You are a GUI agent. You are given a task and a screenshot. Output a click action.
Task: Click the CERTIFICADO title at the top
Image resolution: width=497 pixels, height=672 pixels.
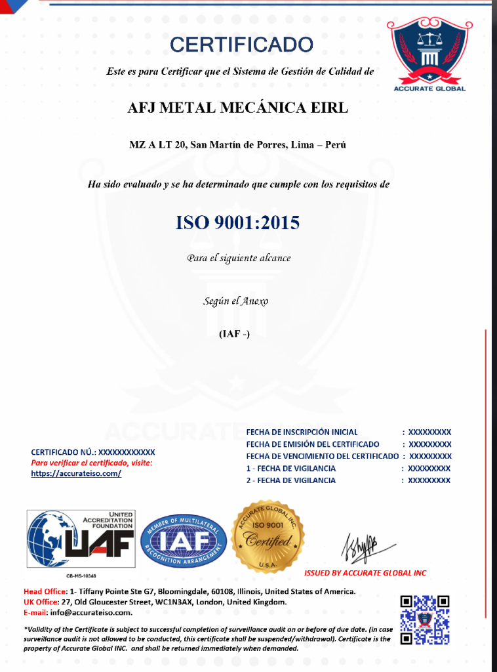[x=241, y=45]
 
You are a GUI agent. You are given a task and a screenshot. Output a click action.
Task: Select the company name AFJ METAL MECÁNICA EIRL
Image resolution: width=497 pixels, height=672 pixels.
[x=238, y=108]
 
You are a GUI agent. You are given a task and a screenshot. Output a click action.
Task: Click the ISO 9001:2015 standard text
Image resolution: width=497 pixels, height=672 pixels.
[x=237, y=223]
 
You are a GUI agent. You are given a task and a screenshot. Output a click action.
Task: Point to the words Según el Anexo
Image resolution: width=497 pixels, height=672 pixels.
[x=236, y=301]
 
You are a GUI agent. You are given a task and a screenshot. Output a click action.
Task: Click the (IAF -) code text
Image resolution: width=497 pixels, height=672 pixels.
[x=234, y=334]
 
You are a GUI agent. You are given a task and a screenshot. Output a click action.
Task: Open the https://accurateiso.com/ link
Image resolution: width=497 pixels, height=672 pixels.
[x=76, y=473]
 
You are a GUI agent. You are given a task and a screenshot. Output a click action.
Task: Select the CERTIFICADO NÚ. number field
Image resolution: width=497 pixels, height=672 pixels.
[x=127, y=452]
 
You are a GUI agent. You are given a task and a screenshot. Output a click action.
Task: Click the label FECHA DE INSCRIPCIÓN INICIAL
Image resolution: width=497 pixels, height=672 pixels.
[x=302, y=432]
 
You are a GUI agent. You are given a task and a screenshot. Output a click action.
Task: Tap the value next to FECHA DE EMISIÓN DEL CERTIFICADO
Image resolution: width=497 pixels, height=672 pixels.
[x=430, y=444]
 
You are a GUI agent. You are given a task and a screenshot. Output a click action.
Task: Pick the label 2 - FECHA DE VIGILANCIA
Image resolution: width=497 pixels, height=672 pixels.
[x=291, y=480]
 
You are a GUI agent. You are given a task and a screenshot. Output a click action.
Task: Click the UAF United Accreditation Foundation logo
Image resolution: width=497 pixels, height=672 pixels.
[x=80, y=539]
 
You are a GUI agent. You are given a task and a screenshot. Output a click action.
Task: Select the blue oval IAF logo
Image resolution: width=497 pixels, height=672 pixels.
[x=184, y=540]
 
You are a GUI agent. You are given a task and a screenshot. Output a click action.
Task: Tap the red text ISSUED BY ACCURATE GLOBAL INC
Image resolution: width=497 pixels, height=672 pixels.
[x=365, y=573]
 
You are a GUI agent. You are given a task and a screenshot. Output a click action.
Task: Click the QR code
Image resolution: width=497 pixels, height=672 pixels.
[x=425, y=619]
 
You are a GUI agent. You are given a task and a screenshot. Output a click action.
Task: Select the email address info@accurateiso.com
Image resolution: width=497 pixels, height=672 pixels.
[x=88, y=612]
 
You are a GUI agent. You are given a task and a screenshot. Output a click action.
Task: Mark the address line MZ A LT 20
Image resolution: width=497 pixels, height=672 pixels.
[x=237, y=144]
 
